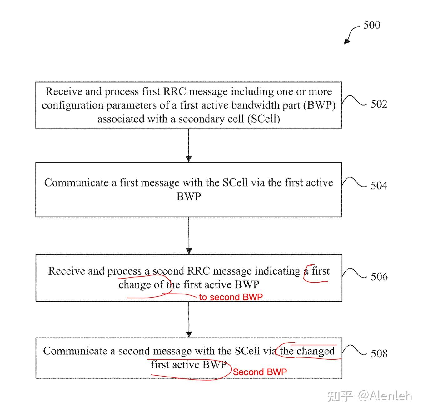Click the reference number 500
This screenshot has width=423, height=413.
click(372, 25)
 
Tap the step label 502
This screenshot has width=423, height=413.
click(379, 104)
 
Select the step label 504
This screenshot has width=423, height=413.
click(379, 186)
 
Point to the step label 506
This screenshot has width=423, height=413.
click(379, 277)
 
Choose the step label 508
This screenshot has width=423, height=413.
click(379, 353)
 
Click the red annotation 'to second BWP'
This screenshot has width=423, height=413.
click(231, 297)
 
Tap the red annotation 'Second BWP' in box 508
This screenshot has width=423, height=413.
click(260, 372)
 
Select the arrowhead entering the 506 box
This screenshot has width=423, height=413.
click(189, 251)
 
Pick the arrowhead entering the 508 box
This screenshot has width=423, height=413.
click(189, 334)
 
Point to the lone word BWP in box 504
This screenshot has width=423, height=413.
click(189, 197)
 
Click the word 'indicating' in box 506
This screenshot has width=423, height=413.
click(277, 271)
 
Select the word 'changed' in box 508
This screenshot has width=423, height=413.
click(316, 351)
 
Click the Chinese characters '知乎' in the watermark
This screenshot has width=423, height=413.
click(340, 396)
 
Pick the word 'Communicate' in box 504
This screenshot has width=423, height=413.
click(76, 183)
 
